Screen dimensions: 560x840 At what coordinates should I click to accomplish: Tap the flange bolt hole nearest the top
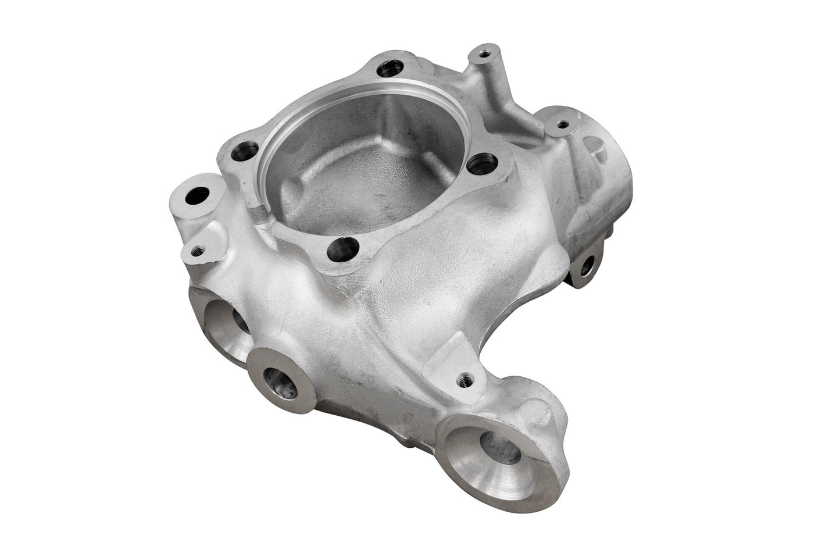(x=388, y=69)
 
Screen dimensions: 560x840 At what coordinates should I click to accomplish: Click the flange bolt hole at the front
(x=342, y=250)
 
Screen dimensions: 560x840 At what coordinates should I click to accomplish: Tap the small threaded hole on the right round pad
(x=562, y=124)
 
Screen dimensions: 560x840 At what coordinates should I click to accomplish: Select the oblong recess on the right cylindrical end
(x=596, y=148)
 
